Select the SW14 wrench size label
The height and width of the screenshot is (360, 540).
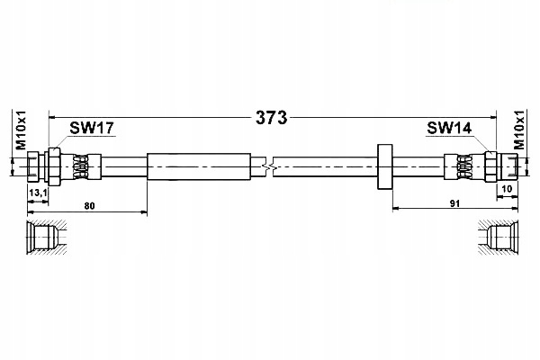tap(449, 129)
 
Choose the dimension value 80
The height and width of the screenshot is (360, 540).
tap(89, 206)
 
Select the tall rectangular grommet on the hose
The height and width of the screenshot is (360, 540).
tap(385, 166)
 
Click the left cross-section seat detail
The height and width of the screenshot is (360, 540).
tap(44, 238)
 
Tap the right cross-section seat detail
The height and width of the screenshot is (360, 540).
tap(498, 238)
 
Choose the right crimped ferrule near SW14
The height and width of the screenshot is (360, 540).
tap(464, 166)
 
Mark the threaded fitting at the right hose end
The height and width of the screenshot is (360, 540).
tap(502, 166)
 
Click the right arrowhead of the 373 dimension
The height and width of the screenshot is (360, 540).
tap(491, 116)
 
